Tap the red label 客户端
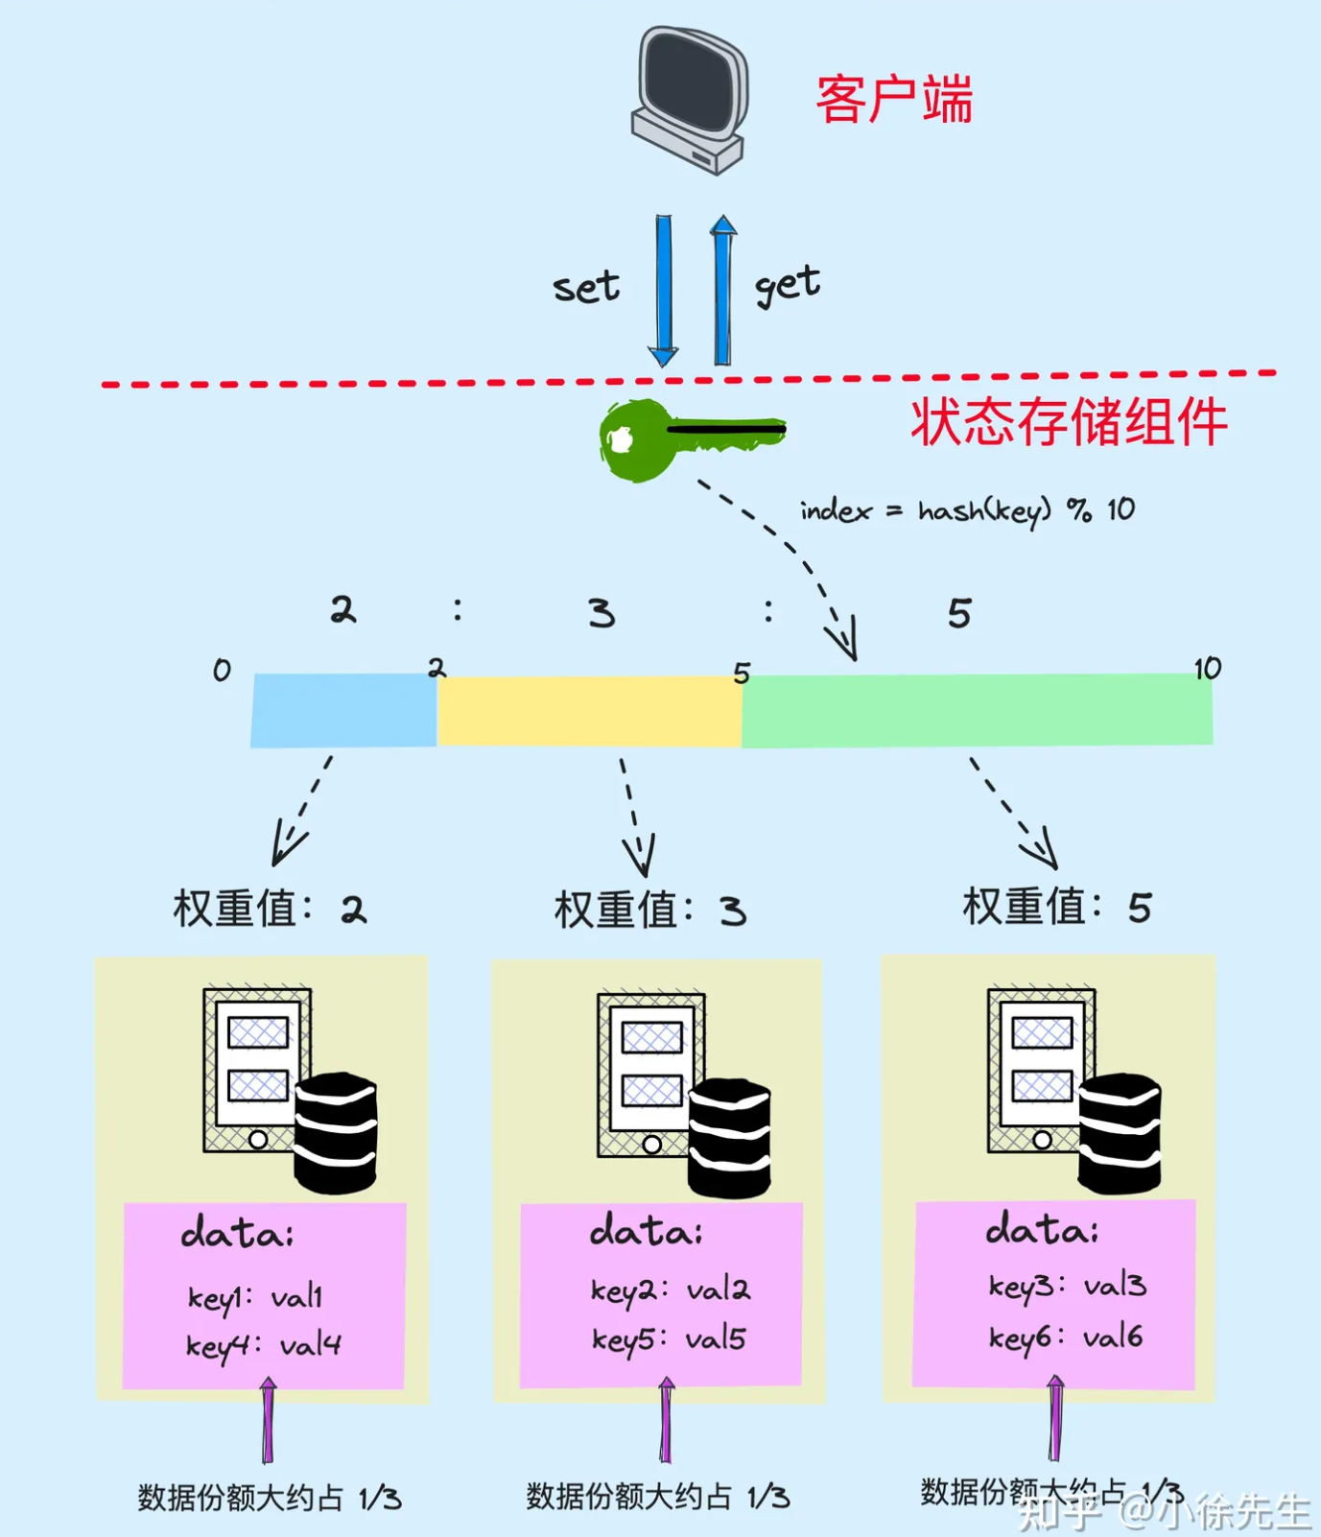[x=893, y=99]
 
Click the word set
[x=585, y=287]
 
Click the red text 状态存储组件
[x=1068, y=422]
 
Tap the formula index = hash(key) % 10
[x=967, y=510]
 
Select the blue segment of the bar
[x=343, y=710]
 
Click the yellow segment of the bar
[x=589, y=710]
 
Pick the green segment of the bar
[x=977, y=710]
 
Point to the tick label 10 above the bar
[x=1207, y=668]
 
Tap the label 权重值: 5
[x=1056, y=907]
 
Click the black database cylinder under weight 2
[x=335, y=1133]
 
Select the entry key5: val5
[x=669, y=1339]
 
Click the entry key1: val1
[x=255, y=1298]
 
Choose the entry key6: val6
[x=1065, y=1337]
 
